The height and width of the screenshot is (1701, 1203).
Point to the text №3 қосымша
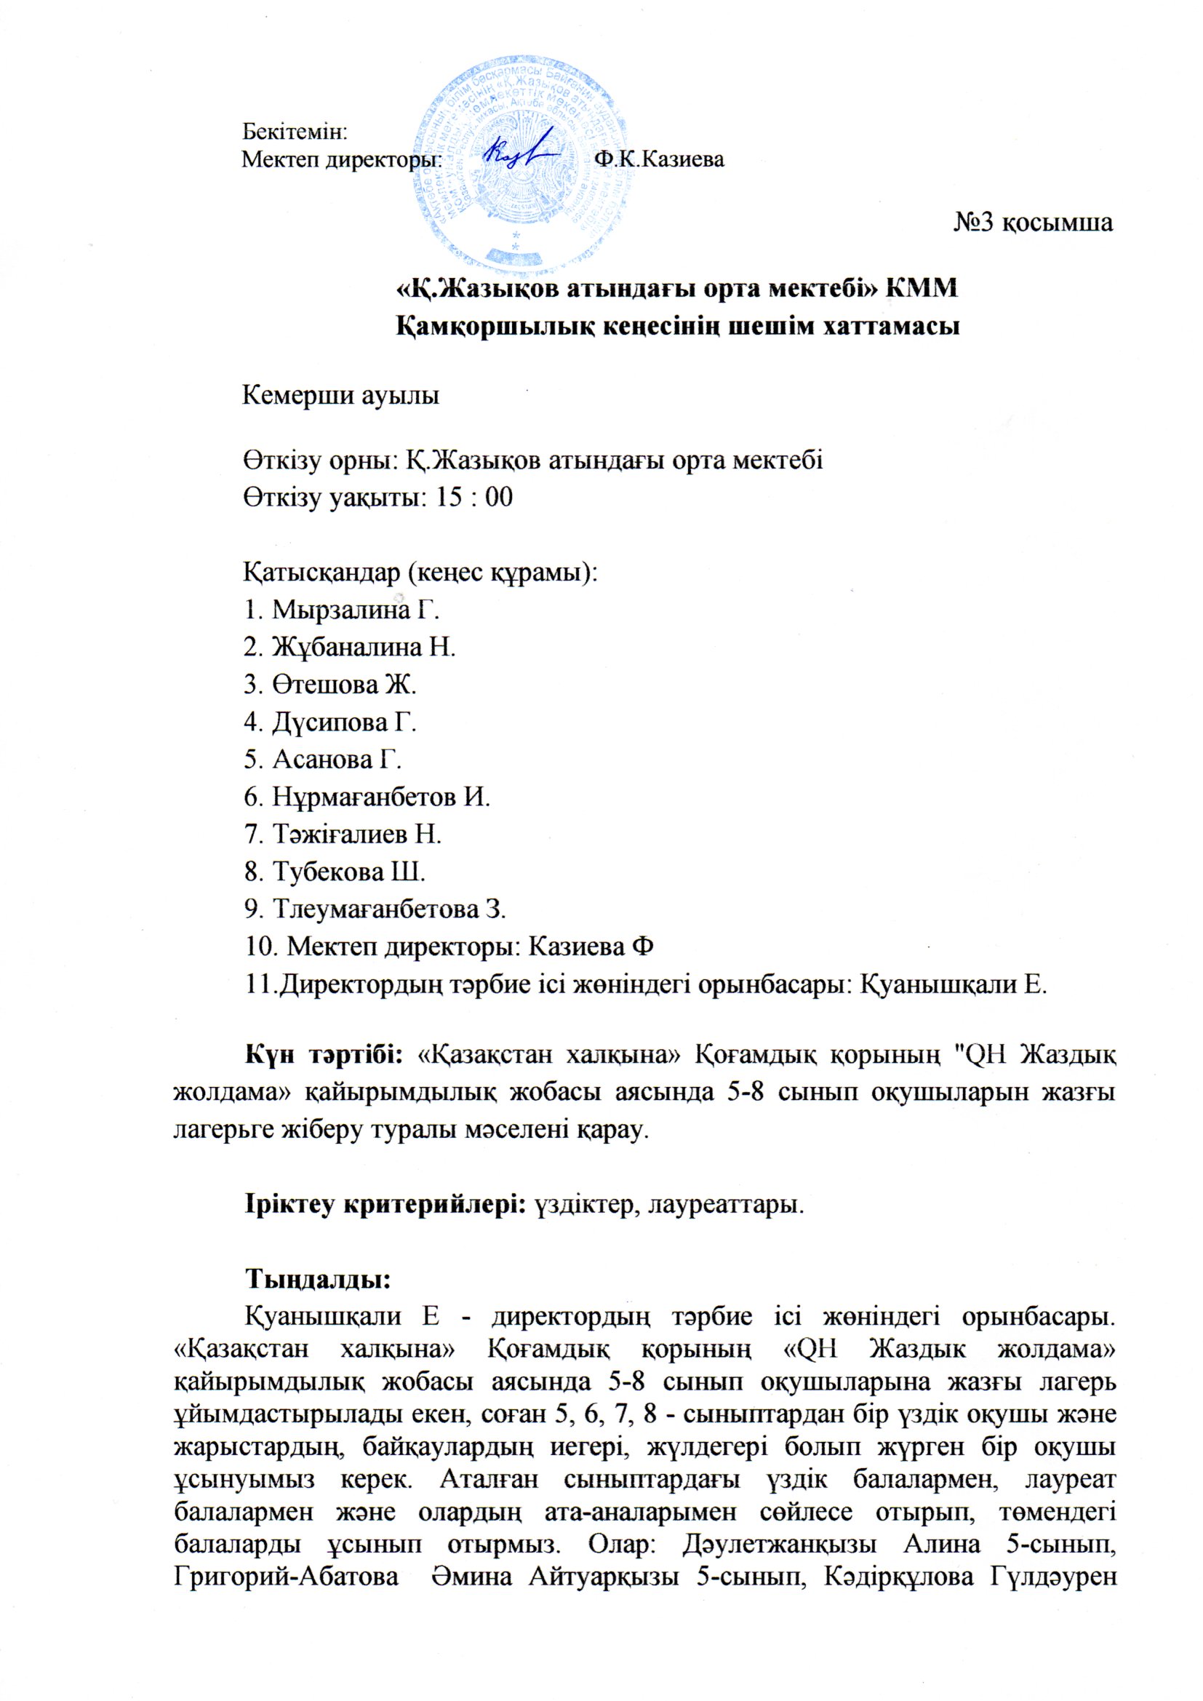[x=1033, y=222]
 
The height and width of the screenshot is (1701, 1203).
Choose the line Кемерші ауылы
[x=342, y=396]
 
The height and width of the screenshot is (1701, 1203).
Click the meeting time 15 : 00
[x=474, y=497]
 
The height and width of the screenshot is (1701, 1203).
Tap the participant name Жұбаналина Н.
[x=364, y=648]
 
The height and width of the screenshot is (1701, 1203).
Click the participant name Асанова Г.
[x=337, y=760]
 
